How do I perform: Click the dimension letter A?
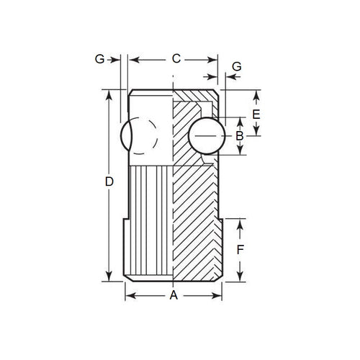pyautogui.click(x=174, y=295)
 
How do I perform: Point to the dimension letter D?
pyautogui.click(x=109, y=184)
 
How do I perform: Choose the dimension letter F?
pyautogui.click(x=242, y=250)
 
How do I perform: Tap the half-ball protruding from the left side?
pyautogui.click(x=125, y=136)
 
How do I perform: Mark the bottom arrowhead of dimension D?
pyautogui.click(x=109, y=277)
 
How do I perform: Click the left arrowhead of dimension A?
pyautogui.click(x=129, y=295)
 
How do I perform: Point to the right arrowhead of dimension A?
pyautogui.click(x=220, y=295)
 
